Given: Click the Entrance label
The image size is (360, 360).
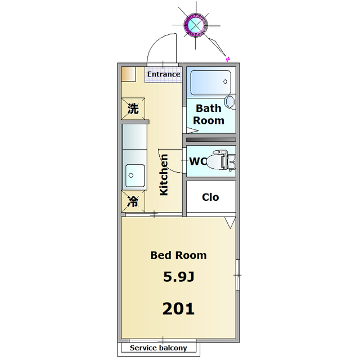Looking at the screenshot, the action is (164, 74).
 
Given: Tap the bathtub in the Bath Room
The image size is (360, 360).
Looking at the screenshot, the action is (211, 83).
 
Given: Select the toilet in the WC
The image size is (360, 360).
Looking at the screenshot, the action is (222, 160).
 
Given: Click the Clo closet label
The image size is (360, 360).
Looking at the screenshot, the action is (210, 197).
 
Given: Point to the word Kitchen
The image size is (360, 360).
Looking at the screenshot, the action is (164, 175).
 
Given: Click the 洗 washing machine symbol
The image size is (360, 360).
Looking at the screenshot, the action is (133, 109).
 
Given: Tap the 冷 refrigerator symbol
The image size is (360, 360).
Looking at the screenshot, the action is (133, 201).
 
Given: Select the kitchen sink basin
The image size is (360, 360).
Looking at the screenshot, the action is (135, 175).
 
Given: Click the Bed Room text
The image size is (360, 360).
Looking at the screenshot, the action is (179, 255).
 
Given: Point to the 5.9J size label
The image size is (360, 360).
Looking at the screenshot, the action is (179, 276).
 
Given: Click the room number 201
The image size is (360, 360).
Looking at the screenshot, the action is (178, 309).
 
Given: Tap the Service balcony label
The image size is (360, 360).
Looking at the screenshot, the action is (159, 348).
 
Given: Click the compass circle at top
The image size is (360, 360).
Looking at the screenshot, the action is (196, 25).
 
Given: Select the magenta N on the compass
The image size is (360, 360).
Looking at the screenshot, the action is (228, 59).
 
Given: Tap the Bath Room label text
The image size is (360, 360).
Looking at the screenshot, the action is (209, 114).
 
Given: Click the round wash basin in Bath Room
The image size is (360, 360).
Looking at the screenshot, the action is (230, 101).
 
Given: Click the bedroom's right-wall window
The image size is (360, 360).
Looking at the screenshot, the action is (238, 275).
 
